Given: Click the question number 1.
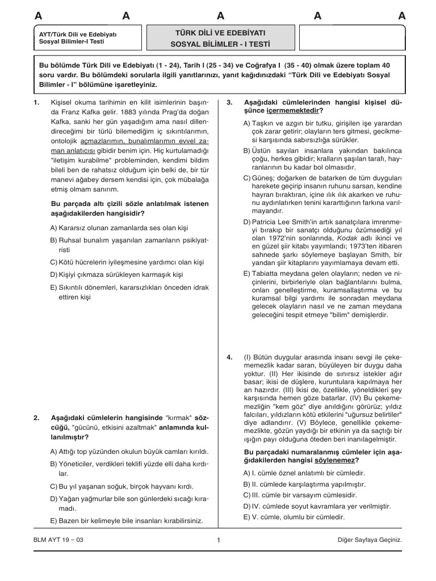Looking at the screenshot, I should (36, 102).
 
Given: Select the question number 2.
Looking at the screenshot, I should (36, 418).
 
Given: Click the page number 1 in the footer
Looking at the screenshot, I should (218, 540).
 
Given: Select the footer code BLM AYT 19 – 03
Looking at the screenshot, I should (58, 540).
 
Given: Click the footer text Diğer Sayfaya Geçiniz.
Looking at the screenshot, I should (369, 540).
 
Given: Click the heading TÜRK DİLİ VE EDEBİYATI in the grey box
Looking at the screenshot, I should (220, 33).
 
